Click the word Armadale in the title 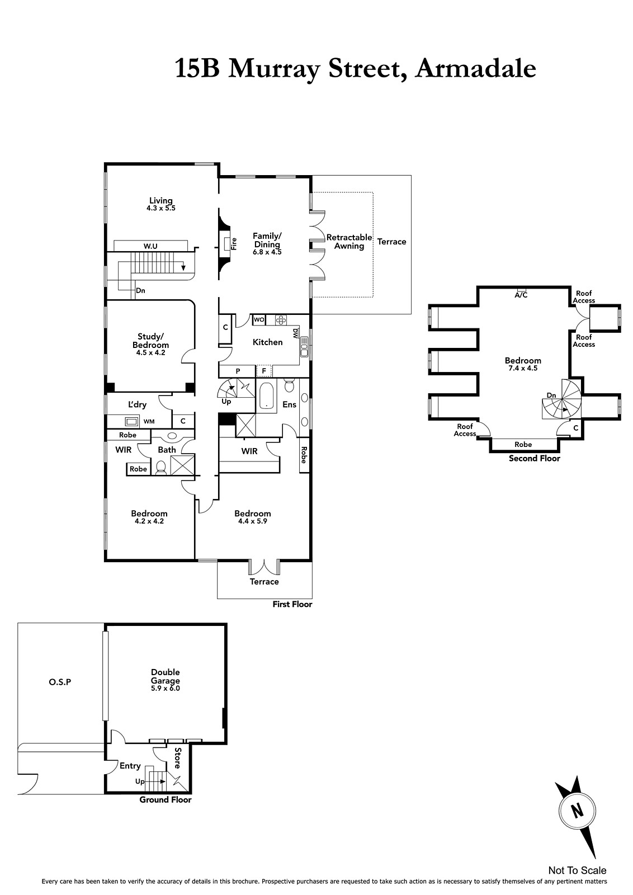coord(475,68)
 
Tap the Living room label coord(161,201)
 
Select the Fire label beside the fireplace coord(234,244)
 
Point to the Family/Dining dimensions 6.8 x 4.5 coord(267,252)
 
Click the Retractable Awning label coord(349,242)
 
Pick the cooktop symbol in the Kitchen coord(281,319)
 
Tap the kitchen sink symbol coord(304,347)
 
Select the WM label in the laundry coord(149,421)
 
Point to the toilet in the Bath coord(161,468)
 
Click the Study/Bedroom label coord(150,341)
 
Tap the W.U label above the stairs coord(150,246)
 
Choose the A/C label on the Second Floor coord(521,295)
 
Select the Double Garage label coord(166,676)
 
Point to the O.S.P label coord(60,682)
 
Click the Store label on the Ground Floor coord(178,758)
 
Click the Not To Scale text coord(577,870)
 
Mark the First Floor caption coord(292,604)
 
